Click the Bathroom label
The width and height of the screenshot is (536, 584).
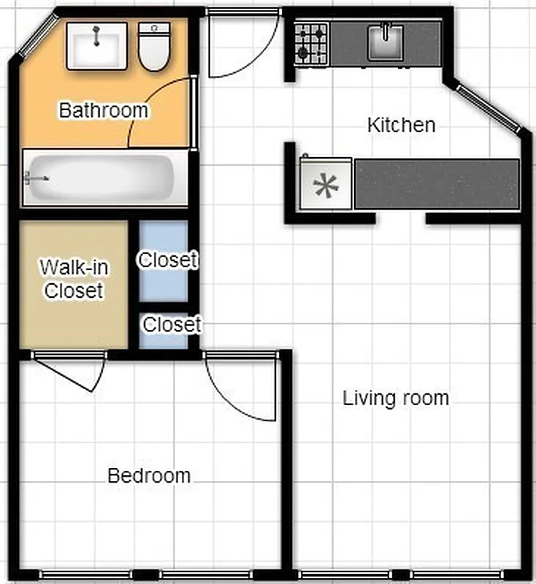coord(103,111)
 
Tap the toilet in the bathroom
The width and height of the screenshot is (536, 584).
coord(154,47)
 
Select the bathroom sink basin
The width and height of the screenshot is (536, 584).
coord(96,45)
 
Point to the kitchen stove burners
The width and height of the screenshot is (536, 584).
coord(311,43)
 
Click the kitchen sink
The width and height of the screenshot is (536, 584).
coord(386,43)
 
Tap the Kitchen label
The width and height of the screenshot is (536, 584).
coord(401,125)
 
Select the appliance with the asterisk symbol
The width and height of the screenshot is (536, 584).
coord(326,186)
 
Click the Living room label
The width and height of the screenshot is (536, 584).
coord(396,399)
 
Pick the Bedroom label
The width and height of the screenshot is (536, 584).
coord(149,476)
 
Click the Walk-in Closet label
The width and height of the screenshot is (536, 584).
coord(74,279)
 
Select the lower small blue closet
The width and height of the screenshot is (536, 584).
coord(164,327)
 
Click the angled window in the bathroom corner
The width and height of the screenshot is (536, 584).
coord(35,36)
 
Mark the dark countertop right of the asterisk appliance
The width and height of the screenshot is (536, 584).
coord(436,184)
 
